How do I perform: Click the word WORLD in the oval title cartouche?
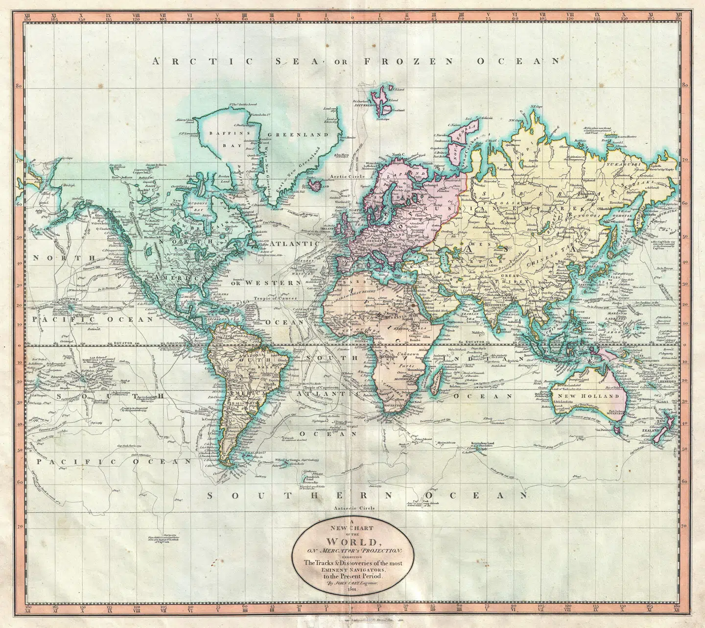[353, 542]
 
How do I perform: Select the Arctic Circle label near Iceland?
[346, 176]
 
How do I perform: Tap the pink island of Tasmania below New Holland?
[618, 430]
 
